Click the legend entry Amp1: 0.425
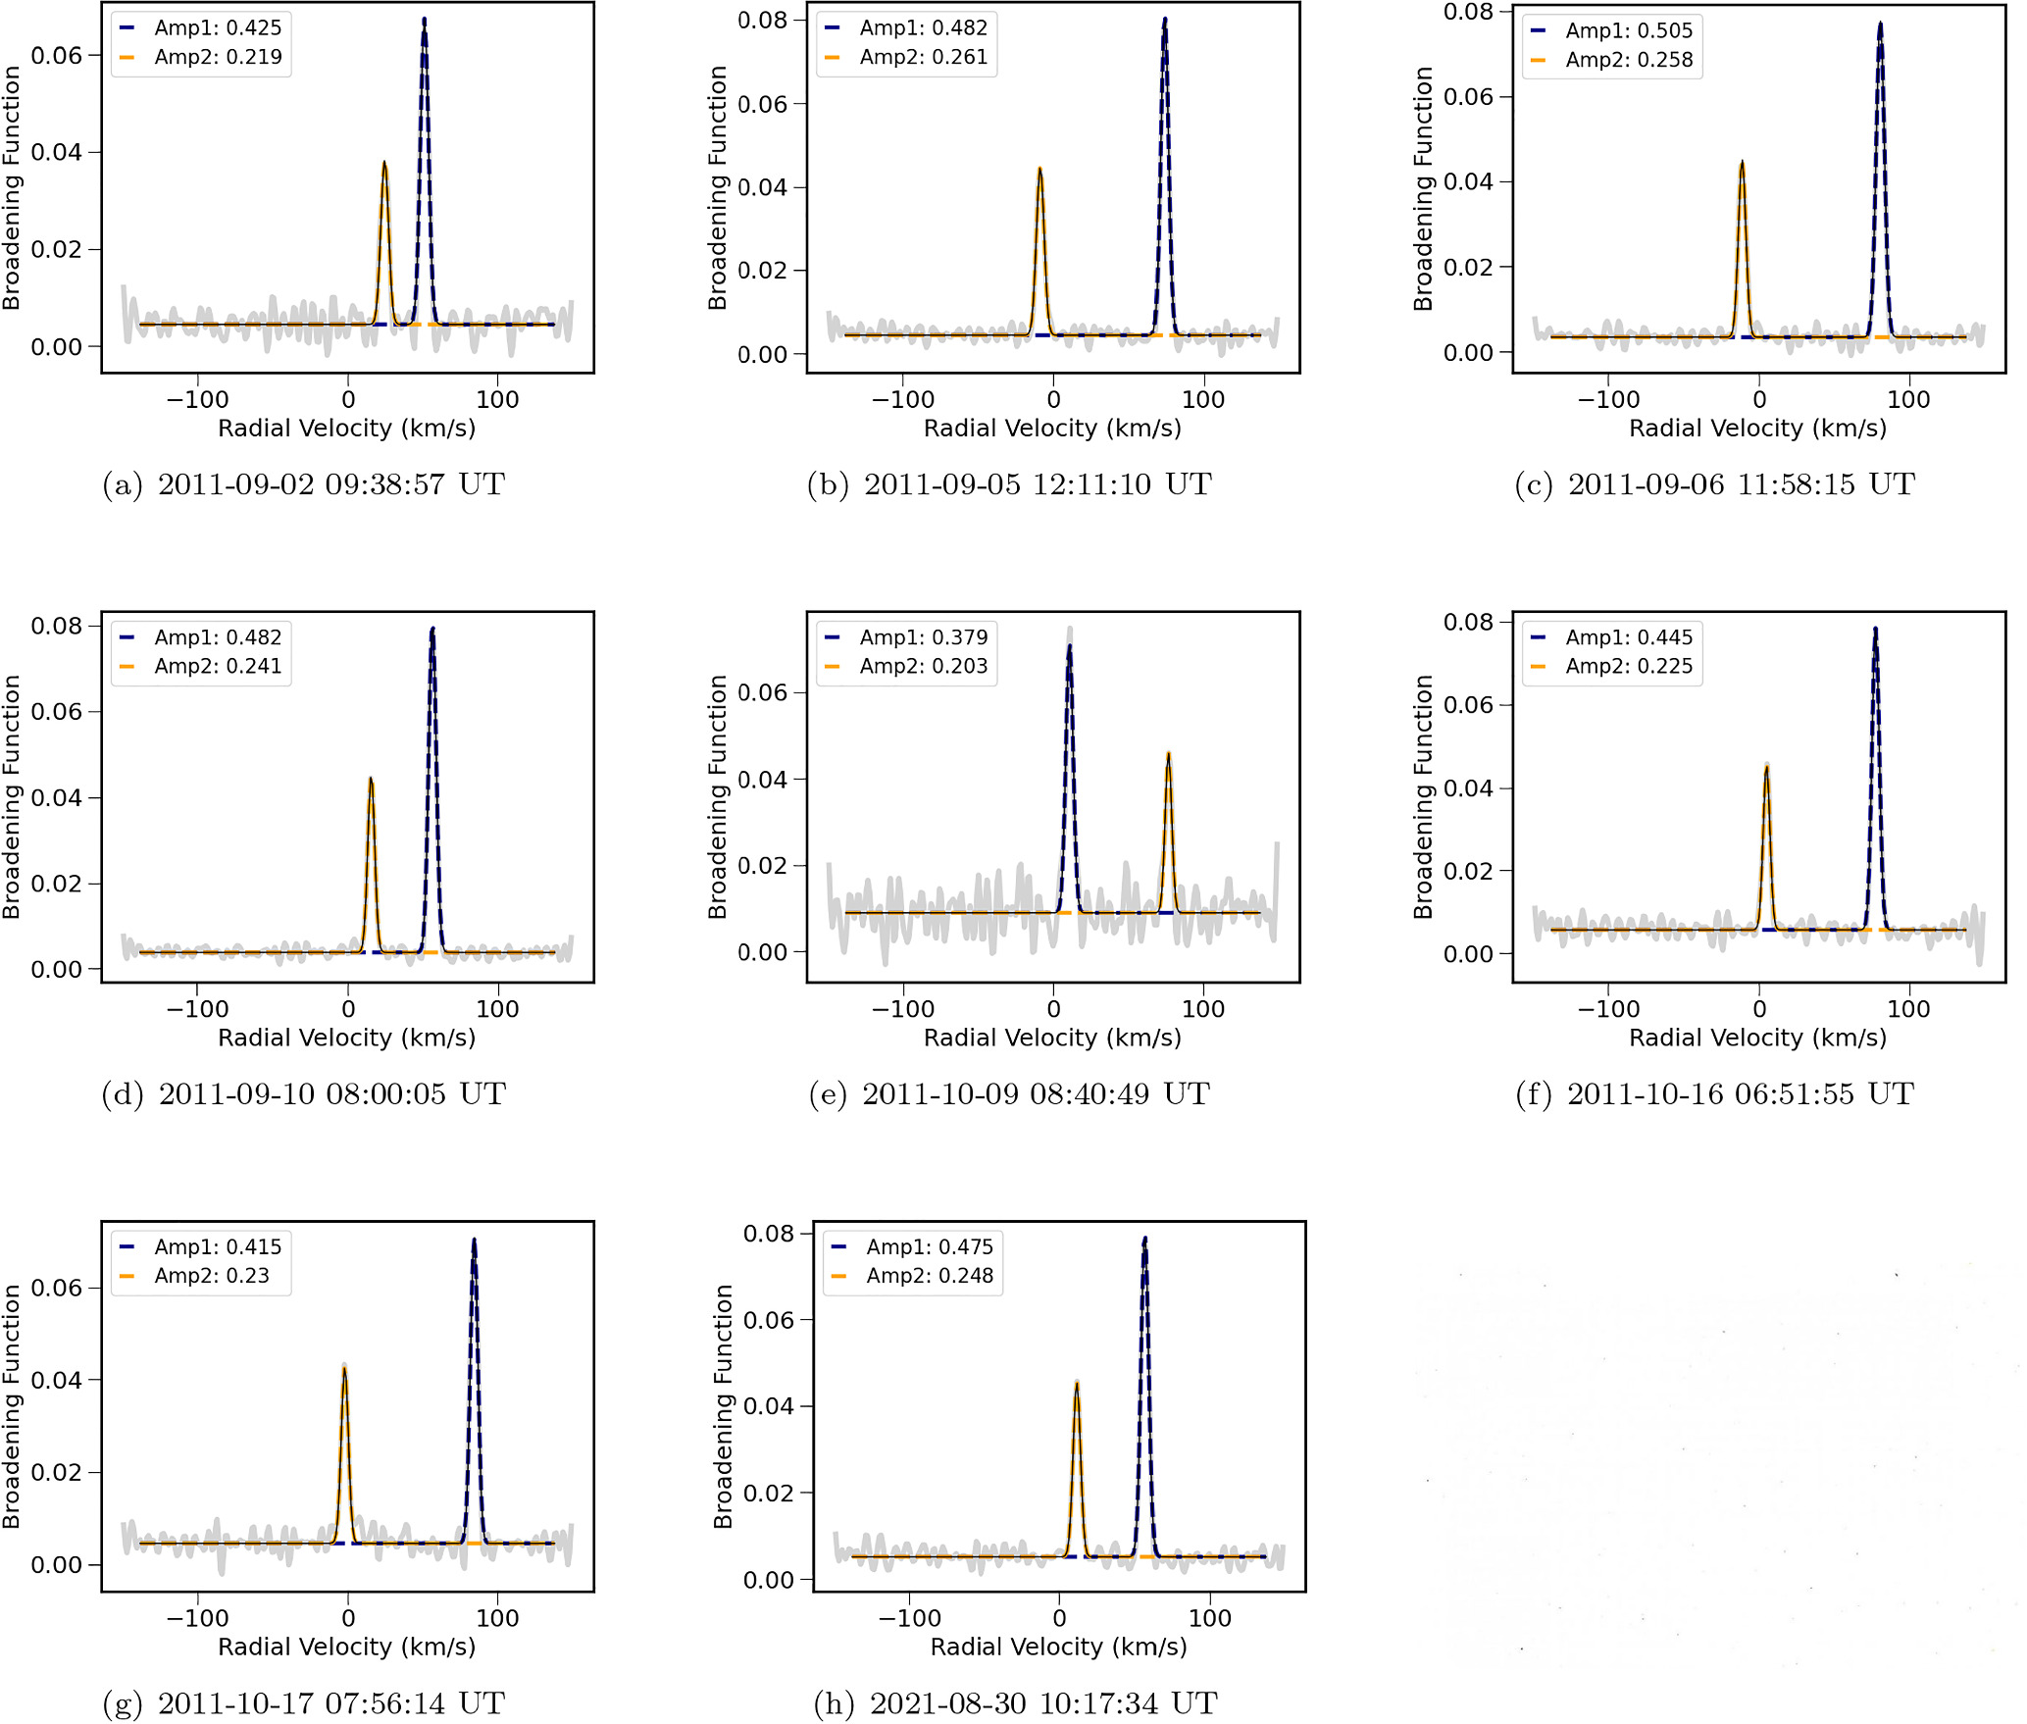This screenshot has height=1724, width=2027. pyautogui.click(x=201, y=27)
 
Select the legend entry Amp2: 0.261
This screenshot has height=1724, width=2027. pyautogui.click(x=907, y=57)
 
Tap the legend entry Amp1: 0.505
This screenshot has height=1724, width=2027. pyautogui.click(x=1612, y=30)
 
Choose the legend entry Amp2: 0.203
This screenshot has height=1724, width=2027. pyautogui.click(x=907, y=666)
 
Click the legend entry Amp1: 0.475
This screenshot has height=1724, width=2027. pyautogui.click(x=913, y=1246)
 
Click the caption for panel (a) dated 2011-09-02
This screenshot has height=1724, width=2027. pyautogui.click(x=303, y=484)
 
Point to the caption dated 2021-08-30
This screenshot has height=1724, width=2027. pyautogui.click(x=1016, y=1703)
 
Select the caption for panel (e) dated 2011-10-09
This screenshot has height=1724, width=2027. pyautogui.click(x=1009, y=1093)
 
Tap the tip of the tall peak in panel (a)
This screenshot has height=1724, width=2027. pyautogui.click(x=425, y=18)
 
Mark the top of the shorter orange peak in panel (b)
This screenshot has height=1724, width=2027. pyautogui.click(x=1039, y=169)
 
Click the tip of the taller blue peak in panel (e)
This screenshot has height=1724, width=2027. pyautogui.click(x=1069, y=644)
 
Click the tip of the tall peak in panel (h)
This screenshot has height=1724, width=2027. pyautogui.click(x=1144, y=1238)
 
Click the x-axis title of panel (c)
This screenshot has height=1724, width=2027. pyautogui.click(x=1758, y=429)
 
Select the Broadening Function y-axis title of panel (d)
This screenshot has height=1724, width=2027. pyautogui.click(x=12, y=796)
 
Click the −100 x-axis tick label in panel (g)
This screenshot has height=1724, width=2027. pyautogui.click(x=198, y=1619)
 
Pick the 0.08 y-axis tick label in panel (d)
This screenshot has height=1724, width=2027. pyautogui.click(x=57, y=626)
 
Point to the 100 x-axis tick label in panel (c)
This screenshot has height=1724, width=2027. pyautogui.click(x=1908, y=400)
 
